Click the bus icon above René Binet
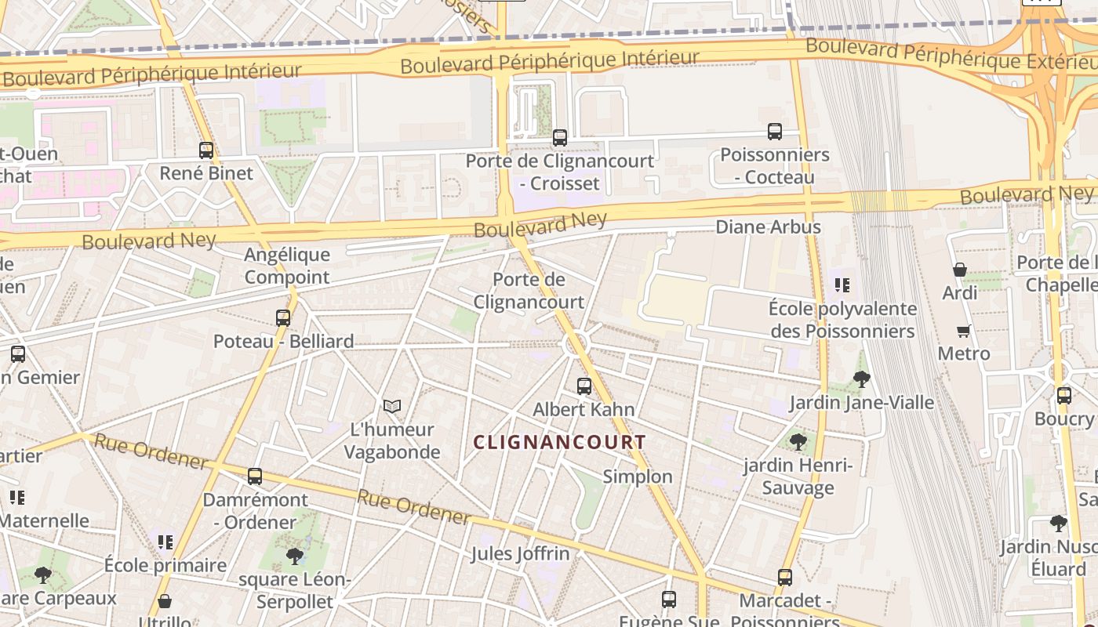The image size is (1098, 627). pyautogui.click(x=206, y=150)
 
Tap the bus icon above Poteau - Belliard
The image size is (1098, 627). pyautogui.click(x=283, y=318)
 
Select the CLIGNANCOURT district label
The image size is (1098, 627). pyautogui.click(x=559, y=442)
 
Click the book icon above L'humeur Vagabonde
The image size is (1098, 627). pyautogui.click(x=392, y=406)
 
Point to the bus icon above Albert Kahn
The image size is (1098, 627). pyautogui.click(x=584, y=386)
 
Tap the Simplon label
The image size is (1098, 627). pyautogui.click(x=638, y=477)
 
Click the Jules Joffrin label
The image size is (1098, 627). pyautogui.click(x=520, y=554)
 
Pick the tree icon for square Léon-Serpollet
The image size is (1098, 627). pyautogui.click(x=295, y=556)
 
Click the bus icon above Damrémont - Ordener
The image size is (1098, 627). pyautogui.click(x=255, y=477)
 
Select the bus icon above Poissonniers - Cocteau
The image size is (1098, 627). pyautogui.click(x=775, y=132)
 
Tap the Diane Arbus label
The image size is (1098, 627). pyautogui.click(x=768, y=227)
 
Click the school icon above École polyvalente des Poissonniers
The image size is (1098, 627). pyautogui.click(x=842, y=285)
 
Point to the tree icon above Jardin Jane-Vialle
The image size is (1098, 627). pyautogui.click(x=861, y=380)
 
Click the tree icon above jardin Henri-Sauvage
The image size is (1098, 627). pyautogui.click(x=798, y=442)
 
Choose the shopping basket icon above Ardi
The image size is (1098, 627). pyautogui.click(x=959, y=270)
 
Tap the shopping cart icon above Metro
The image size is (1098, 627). pyautogui.click(x=964, y=331)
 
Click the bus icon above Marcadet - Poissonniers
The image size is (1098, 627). pyautogui.click(x=785, y=578)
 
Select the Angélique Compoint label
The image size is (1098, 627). pyautogui.click(x=287, y=266)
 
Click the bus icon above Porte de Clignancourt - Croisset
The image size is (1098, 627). pyautogui.click(x=560, y=138)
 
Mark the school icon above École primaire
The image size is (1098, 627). pyautogui.click(x=165, y=542)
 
